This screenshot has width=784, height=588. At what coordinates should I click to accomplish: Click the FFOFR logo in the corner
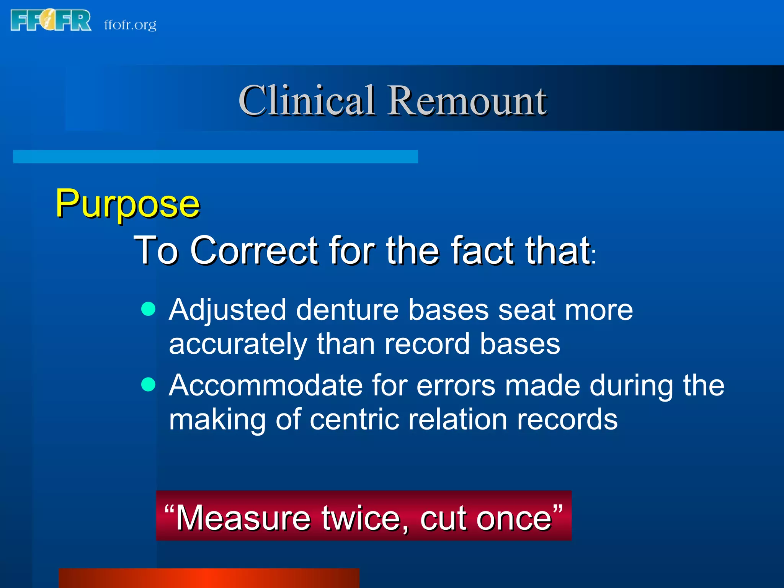coord(51,20)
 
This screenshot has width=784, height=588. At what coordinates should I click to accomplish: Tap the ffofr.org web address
coord(130,25)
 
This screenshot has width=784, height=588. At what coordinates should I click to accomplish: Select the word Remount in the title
coord(467,100)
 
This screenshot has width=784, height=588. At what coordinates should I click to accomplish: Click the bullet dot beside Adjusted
coord(148,309)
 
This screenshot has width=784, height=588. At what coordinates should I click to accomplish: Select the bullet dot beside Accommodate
coord(148,384)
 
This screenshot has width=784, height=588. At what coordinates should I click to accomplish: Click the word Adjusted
coord(227,310)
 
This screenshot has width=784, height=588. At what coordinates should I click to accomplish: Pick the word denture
coord(347,310)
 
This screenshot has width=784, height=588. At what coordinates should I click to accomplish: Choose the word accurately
coord(238,344)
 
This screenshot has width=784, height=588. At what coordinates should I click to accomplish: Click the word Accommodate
coord(266,385)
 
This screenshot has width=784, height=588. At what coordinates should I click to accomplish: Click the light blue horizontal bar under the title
coord(215,157)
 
